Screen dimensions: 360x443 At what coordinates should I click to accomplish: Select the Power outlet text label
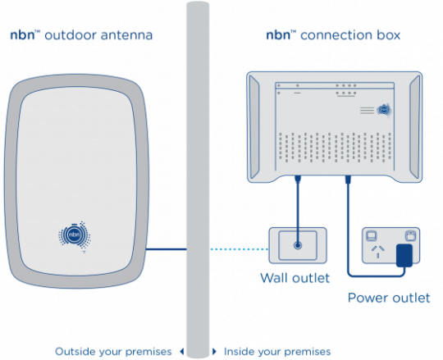pos(388,298)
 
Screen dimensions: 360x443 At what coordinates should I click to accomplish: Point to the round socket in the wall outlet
pos(298,245)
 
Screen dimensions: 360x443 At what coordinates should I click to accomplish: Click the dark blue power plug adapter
pos(404,254)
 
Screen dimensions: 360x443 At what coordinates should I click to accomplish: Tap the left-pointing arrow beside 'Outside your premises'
pos(181,350)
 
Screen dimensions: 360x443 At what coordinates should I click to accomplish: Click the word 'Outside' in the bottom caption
pos(75,350)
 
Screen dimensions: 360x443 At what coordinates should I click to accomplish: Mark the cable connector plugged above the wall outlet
pos(298,178)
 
